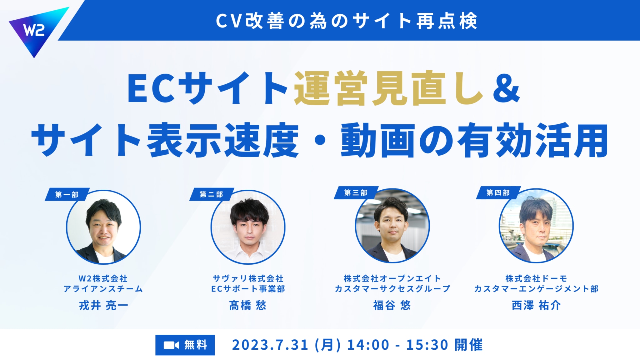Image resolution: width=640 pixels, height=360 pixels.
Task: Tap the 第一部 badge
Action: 67,194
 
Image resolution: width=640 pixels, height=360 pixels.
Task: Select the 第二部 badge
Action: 212,194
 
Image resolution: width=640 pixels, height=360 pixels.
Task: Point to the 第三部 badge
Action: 356,192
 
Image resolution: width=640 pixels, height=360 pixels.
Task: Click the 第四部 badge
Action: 498,192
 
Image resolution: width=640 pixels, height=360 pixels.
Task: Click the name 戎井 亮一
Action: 103,305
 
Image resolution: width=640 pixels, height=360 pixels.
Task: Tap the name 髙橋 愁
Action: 247,305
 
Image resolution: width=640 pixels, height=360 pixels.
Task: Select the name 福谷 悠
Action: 392,305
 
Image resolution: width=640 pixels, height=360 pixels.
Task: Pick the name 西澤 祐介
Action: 536,305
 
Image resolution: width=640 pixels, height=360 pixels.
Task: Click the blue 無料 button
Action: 185,345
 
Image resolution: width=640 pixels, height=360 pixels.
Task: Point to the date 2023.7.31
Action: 270,345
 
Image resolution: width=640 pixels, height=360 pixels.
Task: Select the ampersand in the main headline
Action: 506,88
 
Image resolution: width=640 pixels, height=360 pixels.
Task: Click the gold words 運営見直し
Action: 389,88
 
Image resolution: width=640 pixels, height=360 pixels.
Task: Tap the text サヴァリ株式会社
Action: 248,278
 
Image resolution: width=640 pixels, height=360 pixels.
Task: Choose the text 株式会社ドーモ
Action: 536,278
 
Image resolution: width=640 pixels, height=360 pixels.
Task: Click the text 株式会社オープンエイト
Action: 392,278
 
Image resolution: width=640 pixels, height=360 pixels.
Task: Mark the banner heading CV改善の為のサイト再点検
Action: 347,21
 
